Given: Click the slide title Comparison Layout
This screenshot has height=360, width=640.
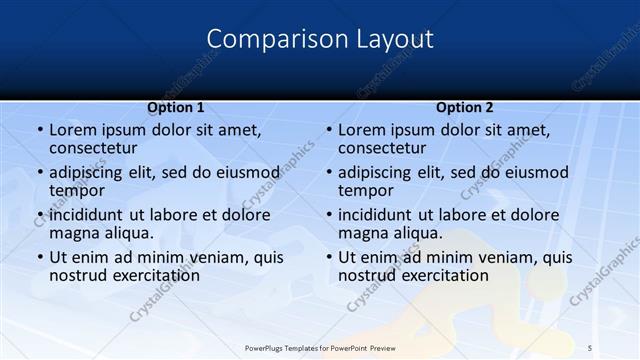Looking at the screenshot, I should click(320, 39).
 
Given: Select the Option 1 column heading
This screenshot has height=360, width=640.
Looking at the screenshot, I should click(176, 107).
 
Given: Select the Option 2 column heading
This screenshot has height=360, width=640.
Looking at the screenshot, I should click(465, 107).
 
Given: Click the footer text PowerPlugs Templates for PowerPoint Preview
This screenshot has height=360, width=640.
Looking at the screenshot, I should click(320, 348).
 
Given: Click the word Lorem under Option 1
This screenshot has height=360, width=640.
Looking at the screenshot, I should click(73, 130).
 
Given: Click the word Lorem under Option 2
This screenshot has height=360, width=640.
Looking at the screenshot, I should click(362, 130).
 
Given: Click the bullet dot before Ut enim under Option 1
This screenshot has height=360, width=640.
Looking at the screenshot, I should click(39, 257).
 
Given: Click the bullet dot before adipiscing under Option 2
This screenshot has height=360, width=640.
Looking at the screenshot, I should click(328, 172).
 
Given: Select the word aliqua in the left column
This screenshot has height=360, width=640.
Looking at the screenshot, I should click(128, 233).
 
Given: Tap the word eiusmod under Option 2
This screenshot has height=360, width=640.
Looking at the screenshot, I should click(536, 172).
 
